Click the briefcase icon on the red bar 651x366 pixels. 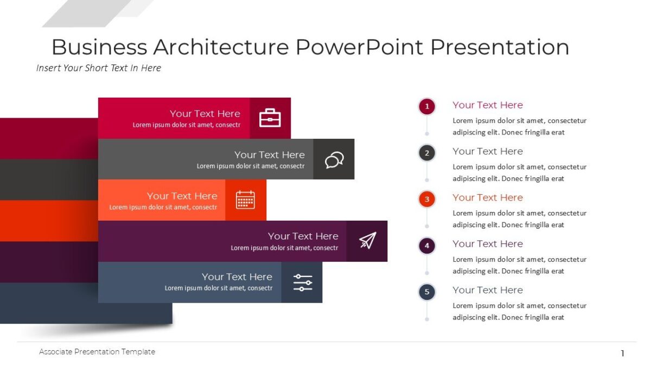270,118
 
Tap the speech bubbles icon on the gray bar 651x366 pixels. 334,159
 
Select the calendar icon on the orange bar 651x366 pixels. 245,200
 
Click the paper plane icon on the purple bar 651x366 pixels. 367,241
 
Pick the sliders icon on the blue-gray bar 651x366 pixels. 302,282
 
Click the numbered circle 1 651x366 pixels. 427,106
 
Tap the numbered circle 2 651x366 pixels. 427,153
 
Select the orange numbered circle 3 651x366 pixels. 427,199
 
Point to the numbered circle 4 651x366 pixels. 427,246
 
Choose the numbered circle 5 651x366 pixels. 427,292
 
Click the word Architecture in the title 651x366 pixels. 221,47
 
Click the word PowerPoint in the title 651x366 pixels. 360,47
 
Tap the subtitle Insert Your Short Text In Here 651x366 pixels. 99,68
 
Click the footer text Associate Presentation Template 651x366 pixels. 97,352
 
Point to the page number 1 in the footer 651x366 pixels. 622,354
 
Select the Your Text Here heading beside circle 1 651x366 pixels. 488,105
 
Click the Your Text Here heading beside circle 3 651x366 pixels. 488,197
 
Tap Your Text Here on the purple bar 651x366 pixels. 303,236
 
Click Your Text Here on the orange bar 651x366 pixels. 182,196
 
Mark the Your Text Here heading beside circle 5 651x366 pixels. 488,290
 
